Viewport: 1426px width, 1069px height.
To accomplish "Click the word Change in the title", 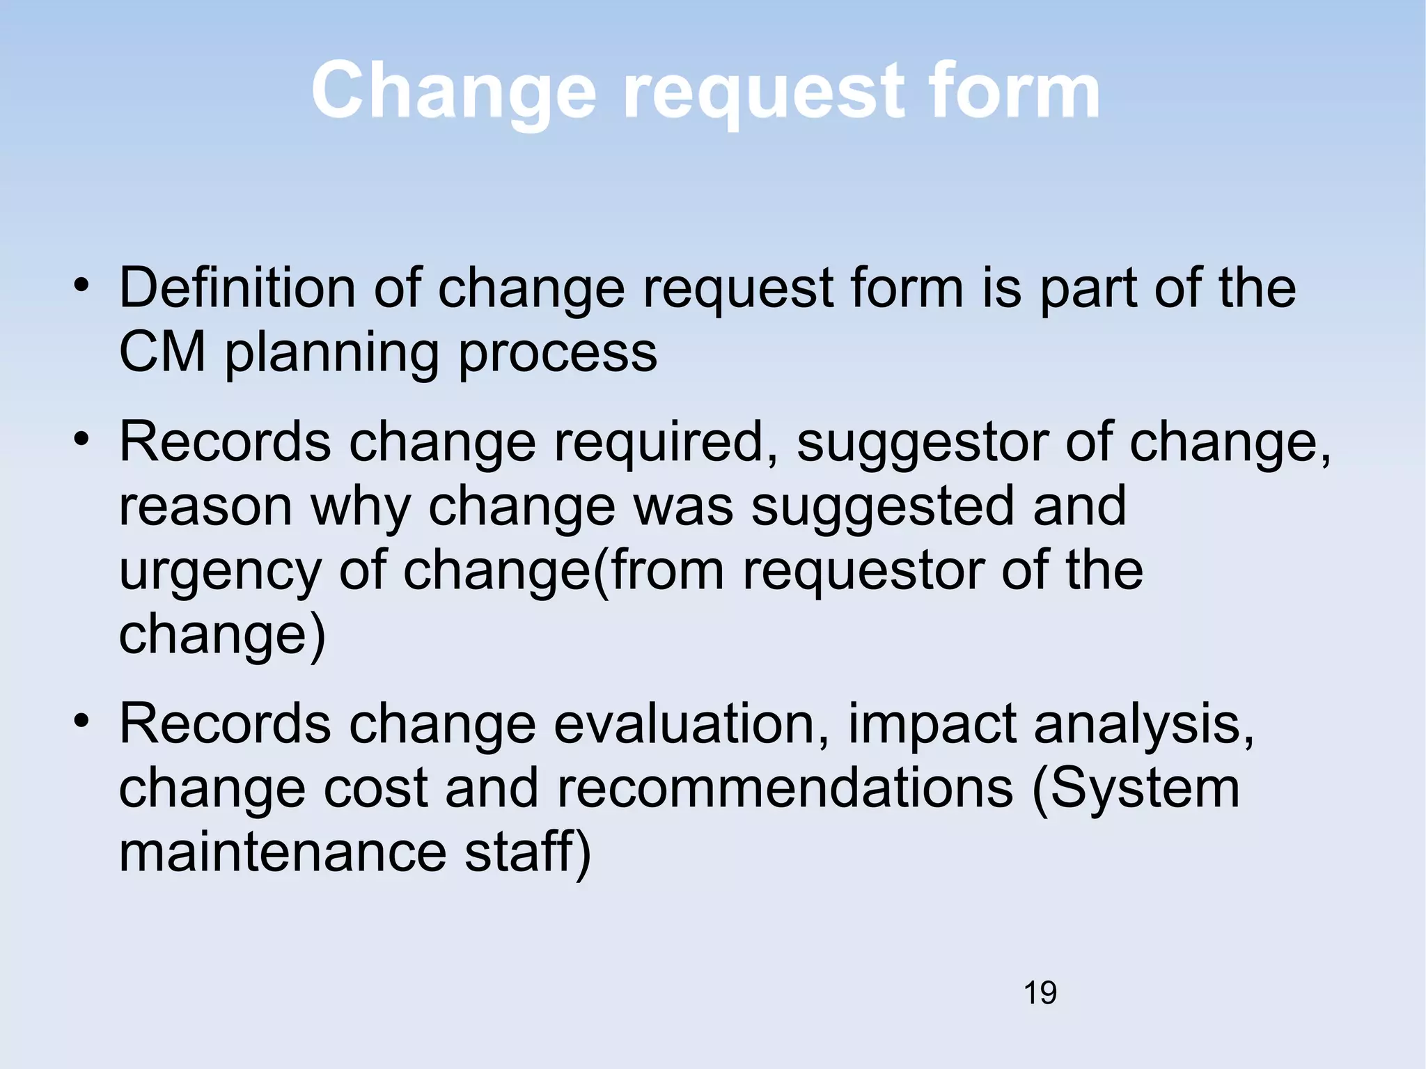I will point(453,91).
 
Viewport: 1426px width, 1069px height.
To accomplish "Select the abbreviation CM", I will point(162,352).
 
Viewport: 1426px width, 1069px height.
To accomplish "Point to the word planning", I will point(331,354).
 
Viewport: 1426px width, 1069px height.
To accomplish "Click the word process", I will point(558,354).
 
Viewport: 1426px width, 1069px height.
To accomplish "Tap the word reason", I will point(205,507).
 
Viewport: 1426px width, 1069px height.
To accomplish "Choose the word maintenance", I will point(283,852).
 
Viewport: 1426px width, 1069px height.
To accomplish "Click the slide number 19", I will point(1040,992).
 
